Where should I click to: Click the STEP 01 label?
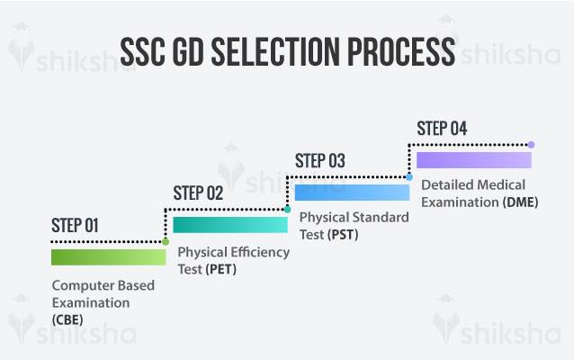pos(76,226)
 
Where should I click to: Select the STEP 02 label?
pos(198,193)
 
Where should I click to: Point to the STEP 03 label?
pos(320,161)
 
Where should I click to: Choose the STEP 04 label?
pos(442,128)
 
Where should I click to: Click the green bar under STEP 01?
pos(108,257)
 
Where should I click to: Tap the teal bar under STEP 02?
pos(230,224)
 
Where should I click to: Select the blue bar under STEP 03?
pos(352,192)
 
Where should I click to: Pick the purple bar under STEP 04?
pos(473,159)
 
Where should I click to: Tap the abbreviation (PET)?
pos(220,268)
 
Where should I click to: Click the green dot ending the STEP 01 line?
pos(165,241)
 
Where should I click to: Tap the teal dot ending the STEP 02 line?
pos(287,209)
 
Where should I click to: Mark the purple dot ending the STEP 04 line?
pos(531,144)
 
